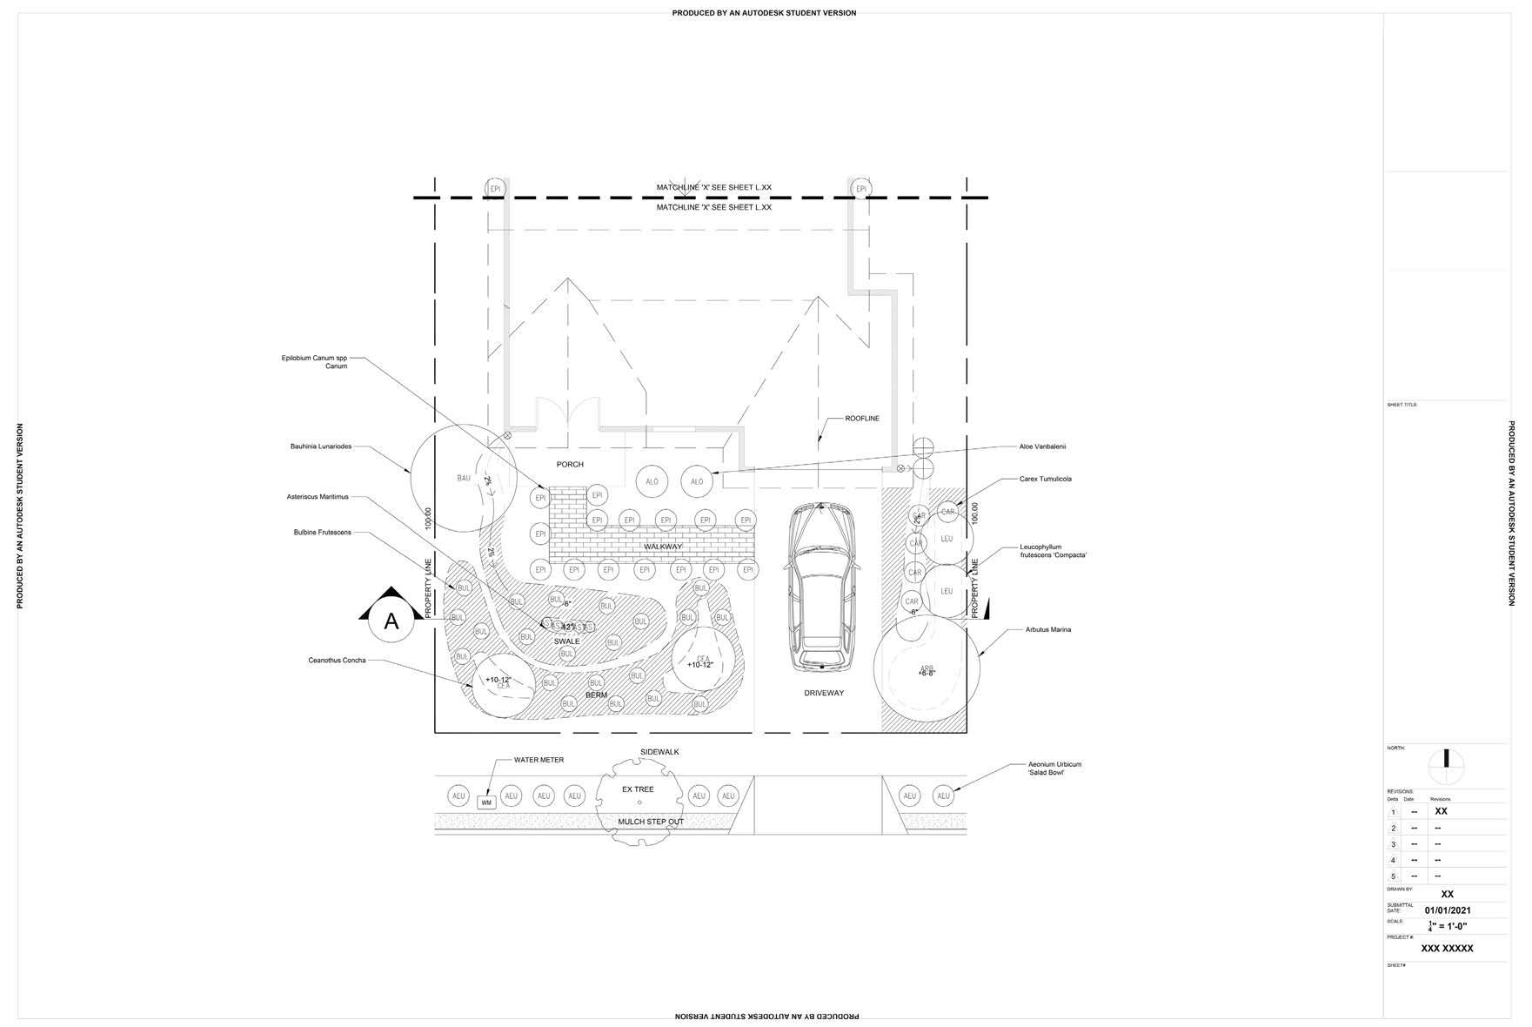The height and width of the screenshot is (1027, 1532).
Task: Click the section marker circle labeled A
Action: (391, 621)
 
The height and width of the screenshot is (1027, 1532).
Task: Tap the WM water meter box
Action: (486, 802)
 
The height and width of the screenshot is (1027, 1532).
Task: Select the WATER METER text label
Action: (539, 760)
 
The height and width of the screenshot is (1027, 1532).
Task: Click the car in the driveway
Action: (820, 590)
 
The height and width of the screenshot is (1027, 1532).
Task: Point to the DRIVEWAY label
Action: (823, 694)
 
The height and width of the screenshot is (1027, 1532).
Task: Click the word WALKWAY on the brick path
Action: (663, 547)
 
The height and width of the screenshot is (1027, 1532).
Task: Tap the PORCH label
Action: (570, 465)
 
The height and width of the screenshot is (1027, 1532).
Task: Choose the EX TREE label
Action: (638, 789)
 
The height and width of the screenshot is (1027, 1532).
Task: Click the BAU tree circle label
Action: (463, 478)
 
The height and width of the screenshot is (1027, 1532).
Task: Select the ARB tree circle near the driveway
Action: (926, 671)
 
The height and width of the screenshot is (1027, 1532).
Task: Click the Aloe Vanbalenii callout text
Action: (1042, 446)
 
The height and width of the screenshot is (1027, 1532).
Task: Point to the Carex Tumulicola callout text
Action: (1045, 479)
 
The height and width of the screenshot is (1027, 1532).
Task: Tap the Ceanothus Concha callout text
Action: (337, 661)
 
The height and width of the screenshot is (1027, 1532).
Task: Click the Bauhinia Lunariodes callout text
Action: (321, 446)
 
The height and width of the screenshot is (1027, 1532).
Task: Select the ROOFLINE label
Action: (861, 419)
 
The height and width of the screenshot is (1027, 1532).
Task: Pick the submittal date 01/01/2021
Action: (1447, 910)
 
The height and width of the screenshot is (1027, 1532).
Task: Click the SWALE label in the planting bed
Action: (566, 641)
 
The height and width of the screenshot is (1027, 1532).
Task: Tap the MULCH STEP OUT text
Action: (650, 822)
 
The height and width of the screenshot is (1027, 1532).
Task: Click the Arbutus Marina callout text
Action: (1048, 629)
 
